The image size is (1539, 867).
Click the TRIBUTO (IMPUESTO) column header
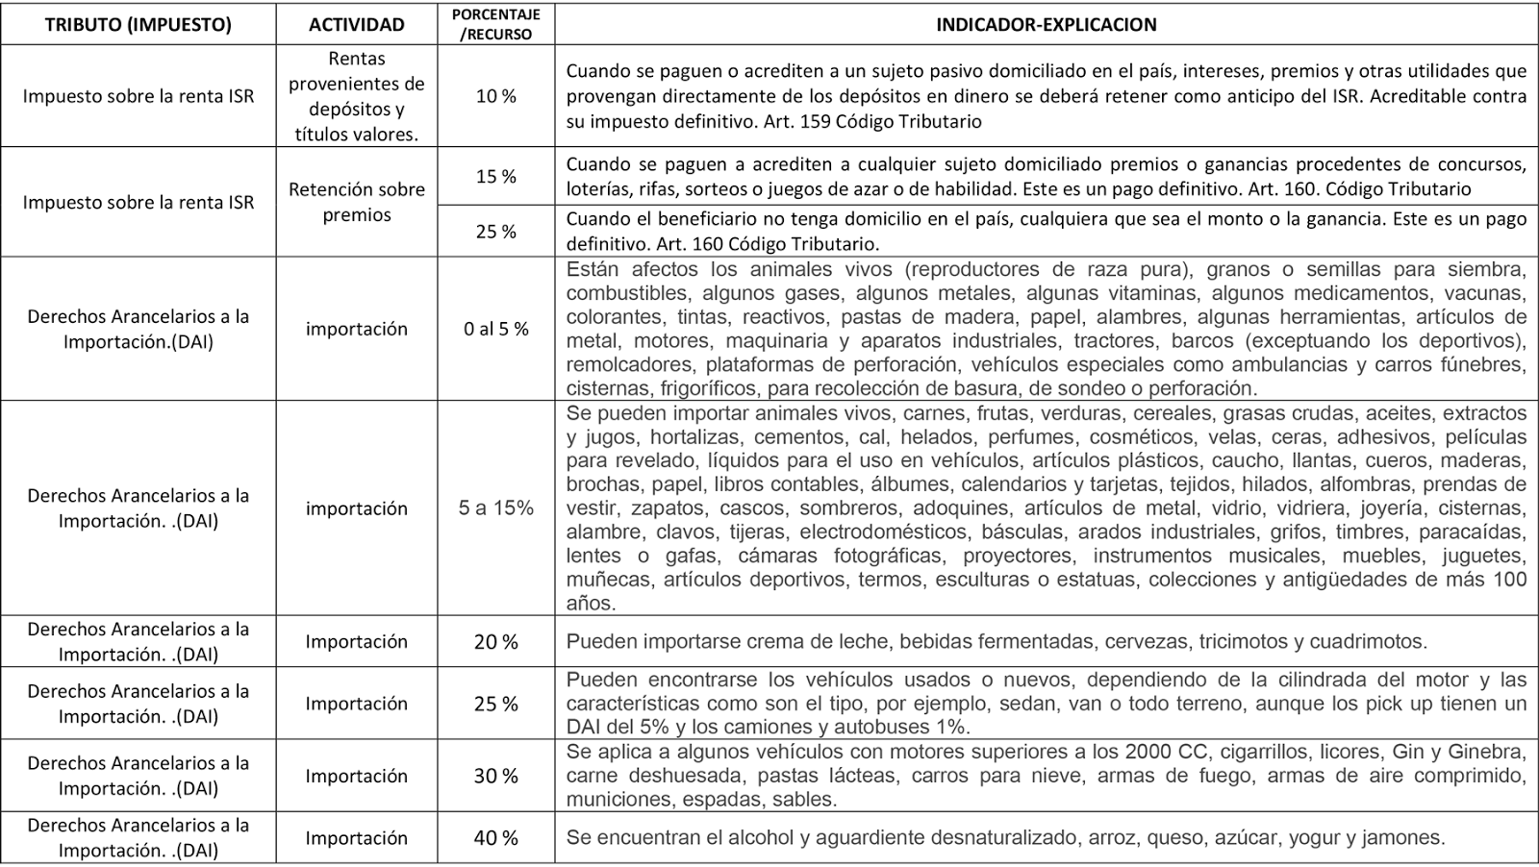tap(138, 25)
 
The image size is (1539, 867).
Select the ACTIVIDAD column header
tap(356, 25)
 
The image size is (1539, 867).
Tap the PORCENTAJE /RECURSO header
tap(495, 24)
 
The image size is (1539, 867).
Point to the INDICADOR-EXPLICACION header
tap(1047, 25)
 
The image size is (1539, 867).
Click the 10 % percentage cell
tap(495, 96)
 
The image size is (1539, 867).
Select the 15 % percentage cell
tap(495, 176)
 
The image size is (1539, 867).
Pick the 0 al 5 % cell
tap(495, 329)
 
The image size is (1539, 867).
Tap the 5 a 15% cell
tap(495, 508)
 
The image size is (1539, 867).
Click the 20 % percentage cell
tap(495, 642)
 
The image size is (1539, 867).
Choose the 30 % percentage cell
tap(495, 776)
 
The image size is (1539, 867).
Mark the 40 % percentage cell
tap(495, 838)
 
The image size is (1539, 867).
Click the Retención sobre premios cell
tap(356, 202)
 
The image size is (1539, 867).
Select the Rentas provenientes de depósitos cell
tap(356, 96)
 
